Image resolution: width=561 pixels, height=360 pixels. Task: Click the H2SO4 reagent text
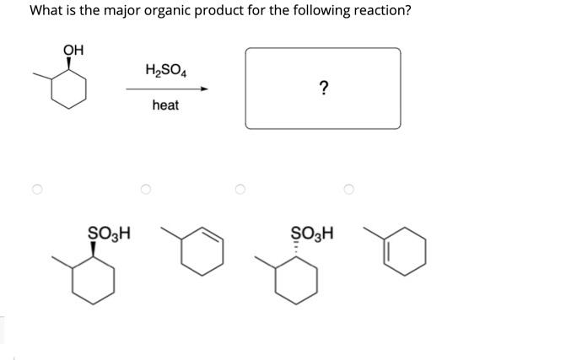(165, 70)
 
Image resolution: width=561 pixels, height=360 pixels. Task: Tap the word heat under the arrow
(165, 105)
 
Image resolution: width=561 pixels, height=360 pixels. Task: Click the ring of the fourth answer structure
(406, 252)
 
